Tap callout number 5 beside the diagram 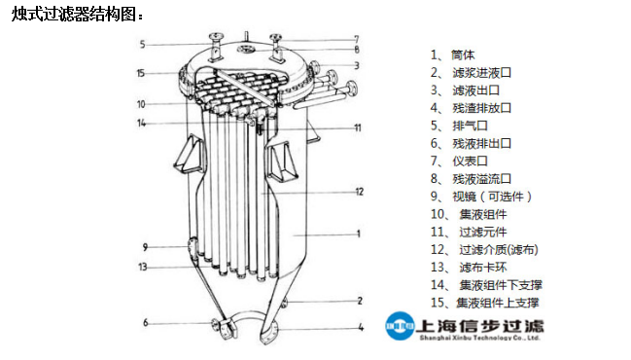tap(142, 44)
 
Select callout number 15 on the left tap(140, 73)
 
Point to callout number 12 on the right tap(359, 192)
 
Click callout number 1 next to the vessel tap(359, 234)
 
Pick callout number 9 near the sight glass tap(145, 247)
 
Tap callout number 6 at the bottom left tap(145, 323)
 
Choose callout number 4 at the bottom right tap(361, 327)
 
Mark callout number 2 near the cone tap(360, 301)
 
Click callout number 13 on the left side tap(143, 267)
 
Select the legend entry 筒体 tap(463, 54)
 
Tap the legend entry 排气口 tap(470, 126)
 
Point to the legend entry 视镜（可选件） tap(492, 197)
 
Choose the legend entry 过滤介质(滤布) tap(499, 250)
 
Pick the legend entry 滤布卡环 tap(483, 268)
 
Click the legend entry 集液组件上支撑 tap(498, 303)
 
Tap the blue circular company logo tap(400, 326)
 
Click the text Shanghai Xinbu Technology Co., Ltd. tap(479, 338)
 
